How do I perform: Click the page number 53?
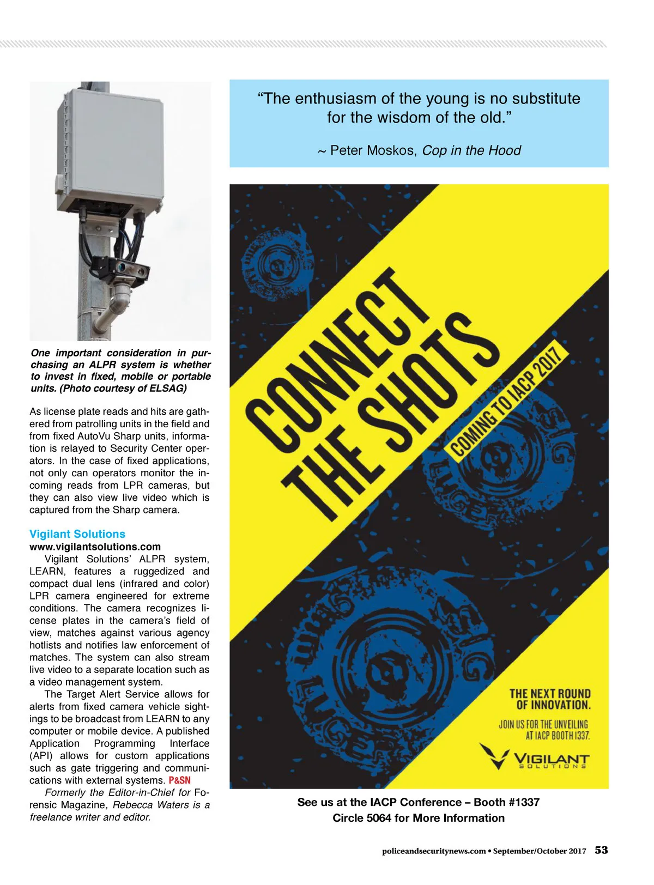601,850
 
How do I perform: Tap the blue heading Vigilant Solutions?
77,534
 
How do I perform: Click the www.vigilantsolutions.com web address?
95,547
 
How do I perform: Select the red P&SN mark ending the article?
180,780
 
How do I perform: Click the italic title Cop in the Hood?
471,150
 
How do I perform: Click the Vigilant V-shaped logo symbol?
494,755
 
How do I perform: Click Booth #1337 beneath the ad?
506,802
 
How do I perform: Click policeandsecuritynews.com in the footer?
434,851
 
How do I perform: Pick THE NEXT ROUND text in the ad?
550,694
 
